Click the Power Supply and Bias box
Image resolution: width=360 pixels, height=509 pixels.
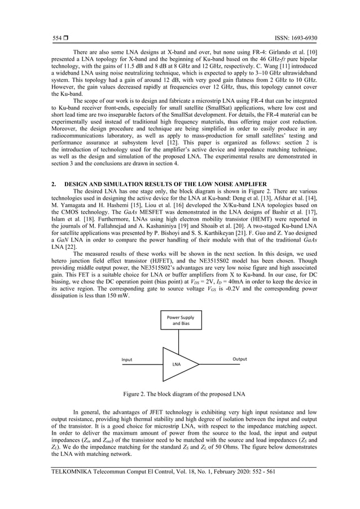(179, 321)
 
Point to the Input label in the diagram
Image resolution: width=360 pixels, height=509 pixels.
(128, 359)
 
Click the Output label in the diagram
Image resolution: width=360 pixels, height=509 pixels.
(240, 359)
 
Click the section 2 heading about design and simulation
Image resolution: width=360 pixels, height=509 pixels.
(160, 185)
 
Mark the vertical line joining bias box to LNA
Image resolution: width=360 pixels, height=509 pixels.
(179, 340)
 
